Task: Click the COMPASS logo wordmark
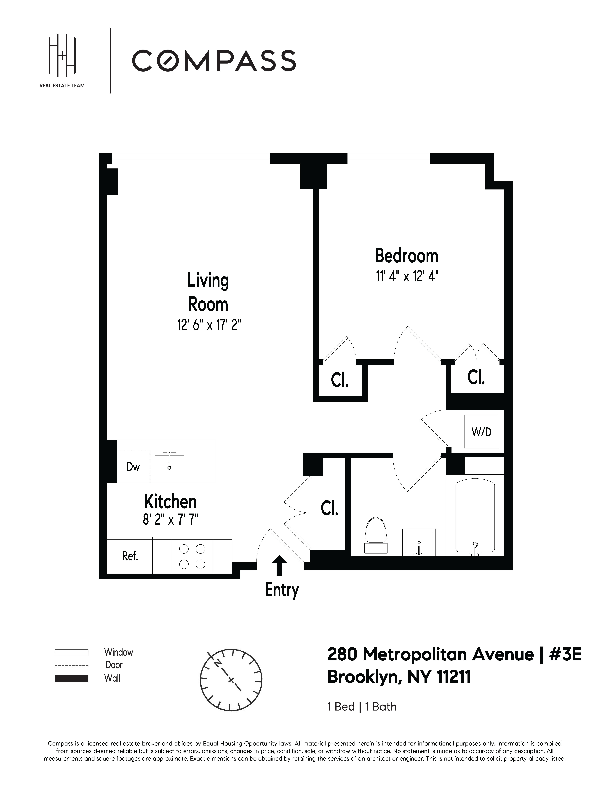click(214, 61)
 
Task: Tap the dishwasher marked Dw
click(133, 467)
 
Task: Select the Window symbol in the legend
click(71, 652)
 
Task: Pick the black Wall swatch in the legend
click(71, 678)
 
